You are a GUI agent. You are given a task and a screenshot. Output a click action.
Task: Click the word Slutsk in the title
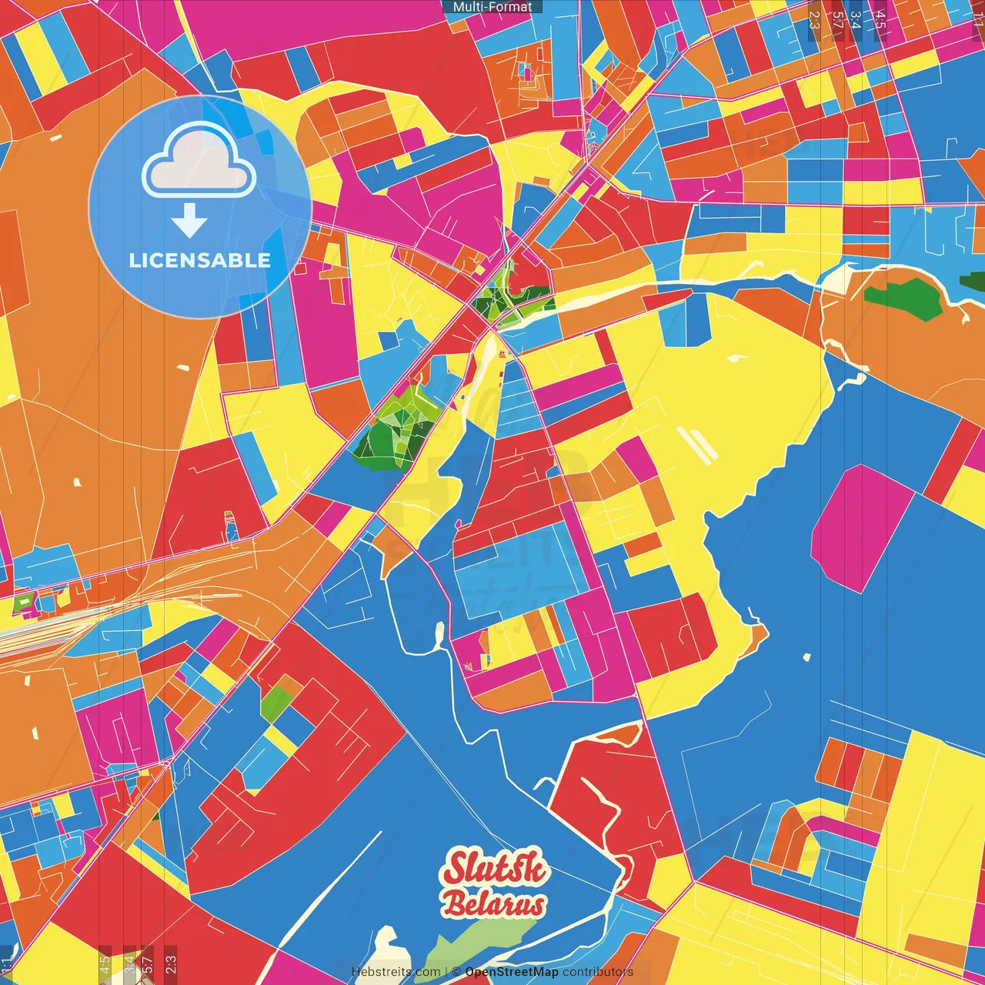coord(496,870)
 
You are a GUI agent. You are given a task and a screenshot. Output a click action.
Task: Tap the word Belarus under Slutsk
coord(495,904)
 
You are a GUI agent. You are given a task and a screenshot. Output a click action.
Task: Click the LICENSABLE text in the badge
coord(200,260)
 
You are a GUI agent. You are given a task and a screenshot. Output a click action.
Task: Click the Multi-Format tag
coord(492,7)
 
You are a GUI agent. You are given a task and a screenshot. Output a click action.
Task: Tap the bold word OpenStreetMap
coord(512,972)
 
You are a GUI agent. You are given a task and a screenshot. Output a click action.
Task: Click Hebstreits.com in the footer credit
coord(396,972)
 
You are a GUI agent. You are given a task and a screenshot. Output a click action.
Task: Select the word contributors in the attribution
coord(598,972)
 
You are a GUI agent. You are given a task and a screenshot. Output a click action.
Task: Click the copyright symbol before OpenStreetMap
coord(456,972)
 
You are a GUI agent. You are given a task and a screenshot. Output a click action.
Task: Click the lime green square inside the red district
coord(276,701)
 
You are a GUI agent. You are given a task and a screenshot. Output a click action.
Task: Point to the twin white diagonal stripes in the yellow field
coord(697,445)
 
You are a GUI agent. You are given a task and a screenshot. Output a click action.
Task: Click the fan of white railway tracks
coord(46,627)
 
